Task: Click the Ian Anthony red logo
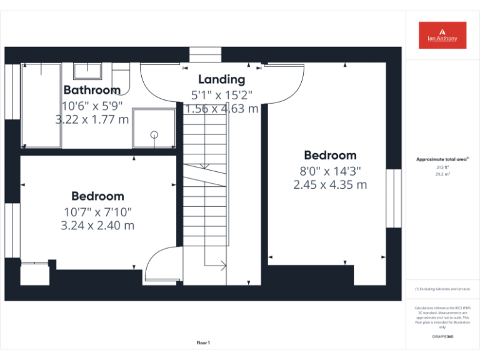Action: pyautogui.click(x=442, y=36)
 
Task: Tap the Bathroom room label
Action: pyautogui.click(x=92, y=90)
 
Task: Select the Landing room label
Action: pyautogui.click(x=221, y=79)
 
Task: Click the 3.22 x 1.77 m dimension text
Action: pyautogui.click(x=92, y=119)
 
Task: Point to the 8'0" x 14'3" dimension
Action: pyautogui.click(x=330, y=171)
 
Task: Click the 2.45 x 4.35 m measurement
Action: pyautogui.click(x=330, y=185)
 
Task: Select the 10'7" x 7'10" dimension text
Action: pyautogui.click(x=97, y=212)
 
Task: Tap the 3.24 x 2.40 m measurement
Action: pyautogui.click(x=97, y=226)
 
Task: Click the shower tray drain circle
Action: pyautogui.click(x=154, y=134)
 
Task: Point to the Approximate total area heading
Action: pyautogui.click(x=442, y=159)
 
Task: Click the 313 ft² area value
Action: pyautogui.click(x=442, y=167)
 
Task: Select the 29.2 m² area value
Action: pyautogui.click(x=442, y=175)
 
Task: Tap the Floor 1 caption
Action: pyautogui.click(x=203, y=342)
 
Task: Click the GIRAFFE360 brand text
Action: pyautogui.click(x=442, y=337)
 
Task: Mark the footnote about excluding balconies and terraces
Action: pyautogui.click(x=442, y=289)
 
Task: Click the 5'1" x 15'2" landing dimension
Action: pyautogui.click(x=221, y=95)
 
